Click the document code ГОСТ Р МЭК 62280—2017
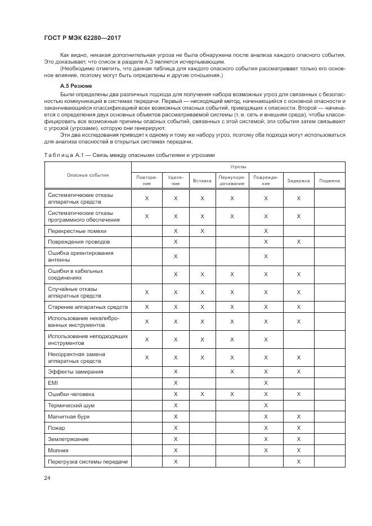coord(83,38)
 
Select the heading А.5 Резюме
coord(76,86)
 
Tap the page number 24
coord(48,478)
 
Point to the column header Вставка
coord(202,181)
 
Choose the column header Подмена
coord(329,181)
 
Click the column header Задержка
coord(298,181)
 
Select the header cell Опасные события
coord(87,175)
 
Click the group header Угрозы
coord(237,167)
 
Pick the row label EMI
coord(53,383)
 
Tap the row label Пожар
coord(57,428)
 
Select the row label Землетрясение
coord(68,439)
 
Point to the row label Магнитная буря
coord(69,417)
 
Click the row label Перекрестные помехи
coord(77,231)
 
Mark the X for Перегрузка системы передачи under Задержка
coord(298,462)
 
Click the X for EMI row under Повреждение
coord(266,383)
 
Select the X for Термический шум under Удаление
coord(176,406)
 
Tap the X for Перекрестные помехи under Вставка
coord(202,231)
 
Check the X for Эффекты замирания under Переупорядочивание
coord(232,372)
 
